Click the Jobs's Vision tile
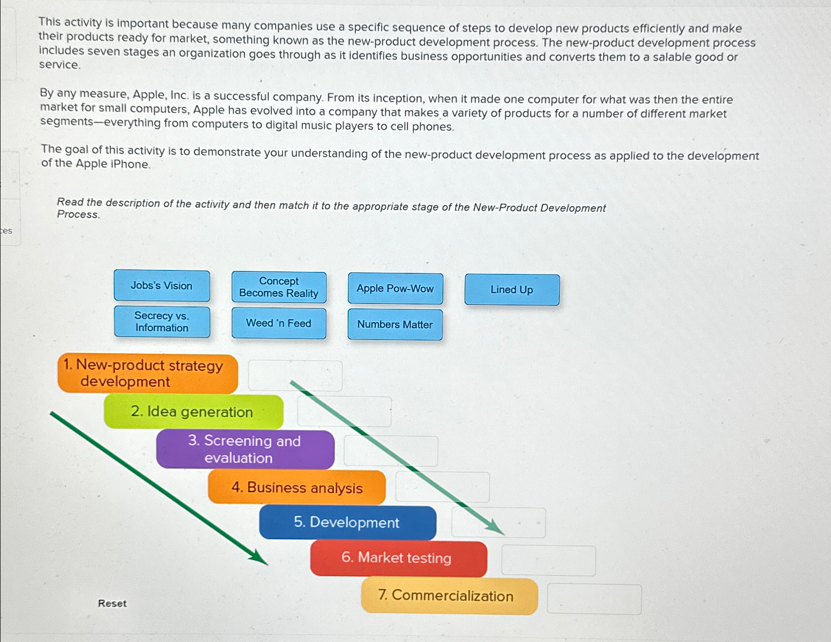(x=162, y=286)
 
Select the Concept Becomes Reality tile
(x=279, y=287)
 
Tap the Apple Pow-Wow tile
(x=395, y=289)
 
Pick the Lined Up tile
(x=512, y=290)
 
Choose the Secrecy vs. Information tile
(x=162, y=322)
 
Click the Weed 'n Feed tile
(x=279, y=323)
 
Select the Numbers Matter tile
(x=395, y=325)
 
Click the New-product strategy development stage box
(x=147, y=374)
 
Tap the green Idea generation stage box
(x=193, y=412)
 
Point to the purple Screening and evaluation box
(x=245, y=449)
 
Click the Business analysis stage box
(x=296, y=488)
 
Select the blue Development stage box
(x=347, y=523)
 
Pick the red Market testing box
(x=398, y=558)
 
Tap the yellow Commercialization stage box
(x=449, y=596)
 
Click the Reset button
(x=112, y=604)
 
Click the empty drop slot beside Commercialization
(x=594, y=599)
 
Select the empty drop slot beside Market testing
(x=548, y=561)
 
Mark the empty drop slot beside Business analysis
(x=442, y=487)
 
